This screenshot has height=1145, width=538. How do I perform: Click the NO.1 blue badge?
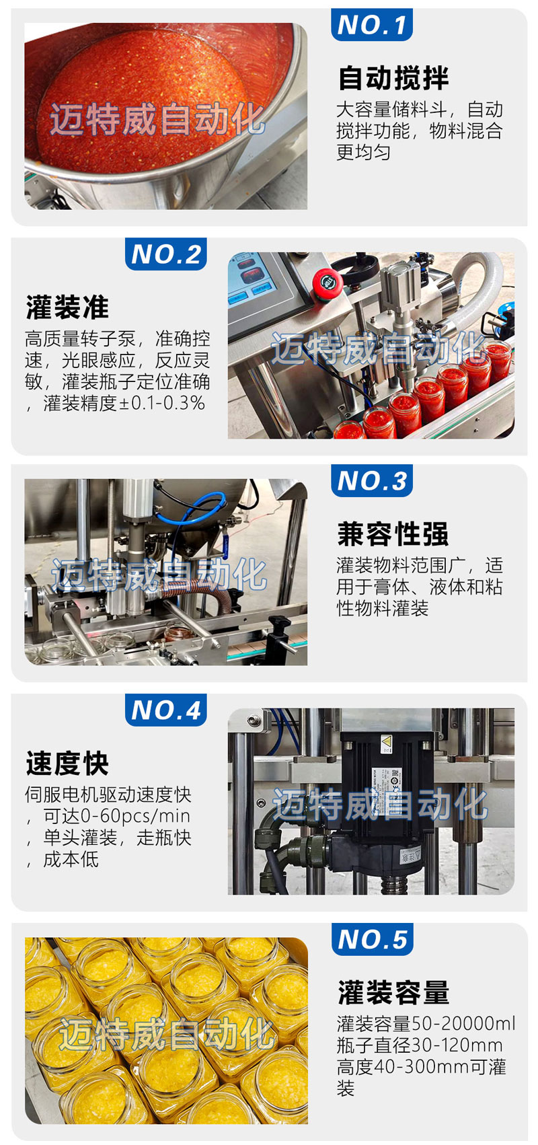[x=371, y=24]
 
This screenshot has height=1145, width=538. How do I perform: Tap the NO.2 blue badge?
[x=166, y=254]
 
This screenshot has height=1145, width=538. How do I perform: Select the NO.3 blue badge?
[x=371, y=480]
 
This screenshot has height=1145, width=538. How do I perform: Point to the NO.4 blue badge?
[x=166, y=710]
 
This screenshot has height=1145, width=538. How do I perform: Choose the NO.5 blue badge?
[x=372, y=939]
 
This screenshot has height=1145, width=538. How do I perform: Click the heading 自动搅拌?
[x=393, y=78]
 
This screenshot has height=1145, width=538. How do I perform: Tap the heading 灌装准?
[x=67, y=307]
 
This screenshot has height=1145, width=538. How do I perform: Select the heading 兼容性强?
[x=393, y=534]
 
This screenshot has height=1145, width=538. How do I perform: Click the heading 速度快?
[x=67, y=764]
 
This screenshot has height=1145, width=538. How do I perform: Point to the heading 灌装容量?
[x=393, y=993]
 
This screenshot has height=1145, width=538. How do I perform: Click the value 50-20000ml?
[x=463, y=1024]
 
